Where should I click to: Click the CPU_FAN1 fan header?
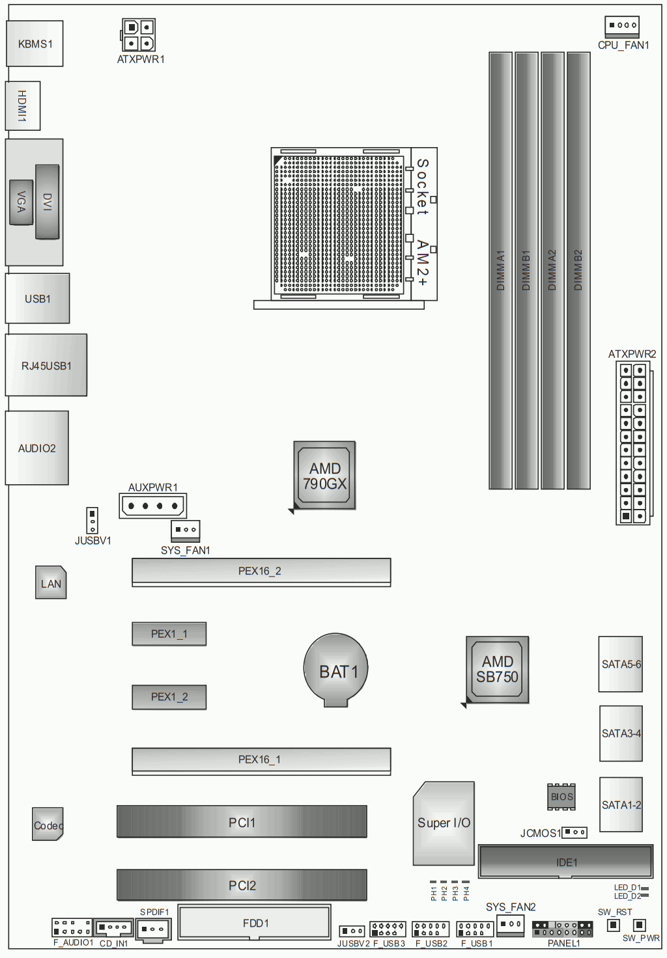(622, 27)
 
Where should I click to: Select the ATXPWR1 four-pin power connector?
(138, 35)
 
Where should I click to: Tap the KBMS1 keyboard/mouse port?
(35, 44)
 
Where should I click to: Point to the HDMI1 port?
(23, 105)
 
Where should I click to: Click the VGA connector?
(21, 202)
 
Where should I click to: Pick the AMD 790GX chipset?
(324, 476)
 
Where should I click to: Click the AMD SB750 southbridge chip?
(498, 669)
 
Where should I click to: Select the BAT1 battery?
(335, 670)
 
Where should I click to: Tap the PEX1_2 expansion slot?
(169, 697)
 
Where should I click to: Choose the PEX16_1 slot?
(261, 761)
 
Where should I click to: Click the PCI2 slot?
(242, 885)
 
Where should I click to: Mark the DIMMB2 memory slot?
(578, 270)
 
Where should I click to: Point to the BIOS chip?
(561, 797)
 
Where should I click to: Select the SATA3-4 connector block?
(621, 733)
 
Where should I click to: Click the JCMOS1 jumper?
(574, 832)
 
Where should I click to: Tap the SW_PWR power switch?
(639, 925)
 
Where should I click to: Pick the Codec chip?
(48, 824)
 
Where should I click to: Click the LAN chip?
(51, 582)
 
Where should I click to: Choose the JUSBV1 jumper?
(92, 521)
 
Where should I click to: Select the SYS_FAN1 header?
(186, 531)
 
